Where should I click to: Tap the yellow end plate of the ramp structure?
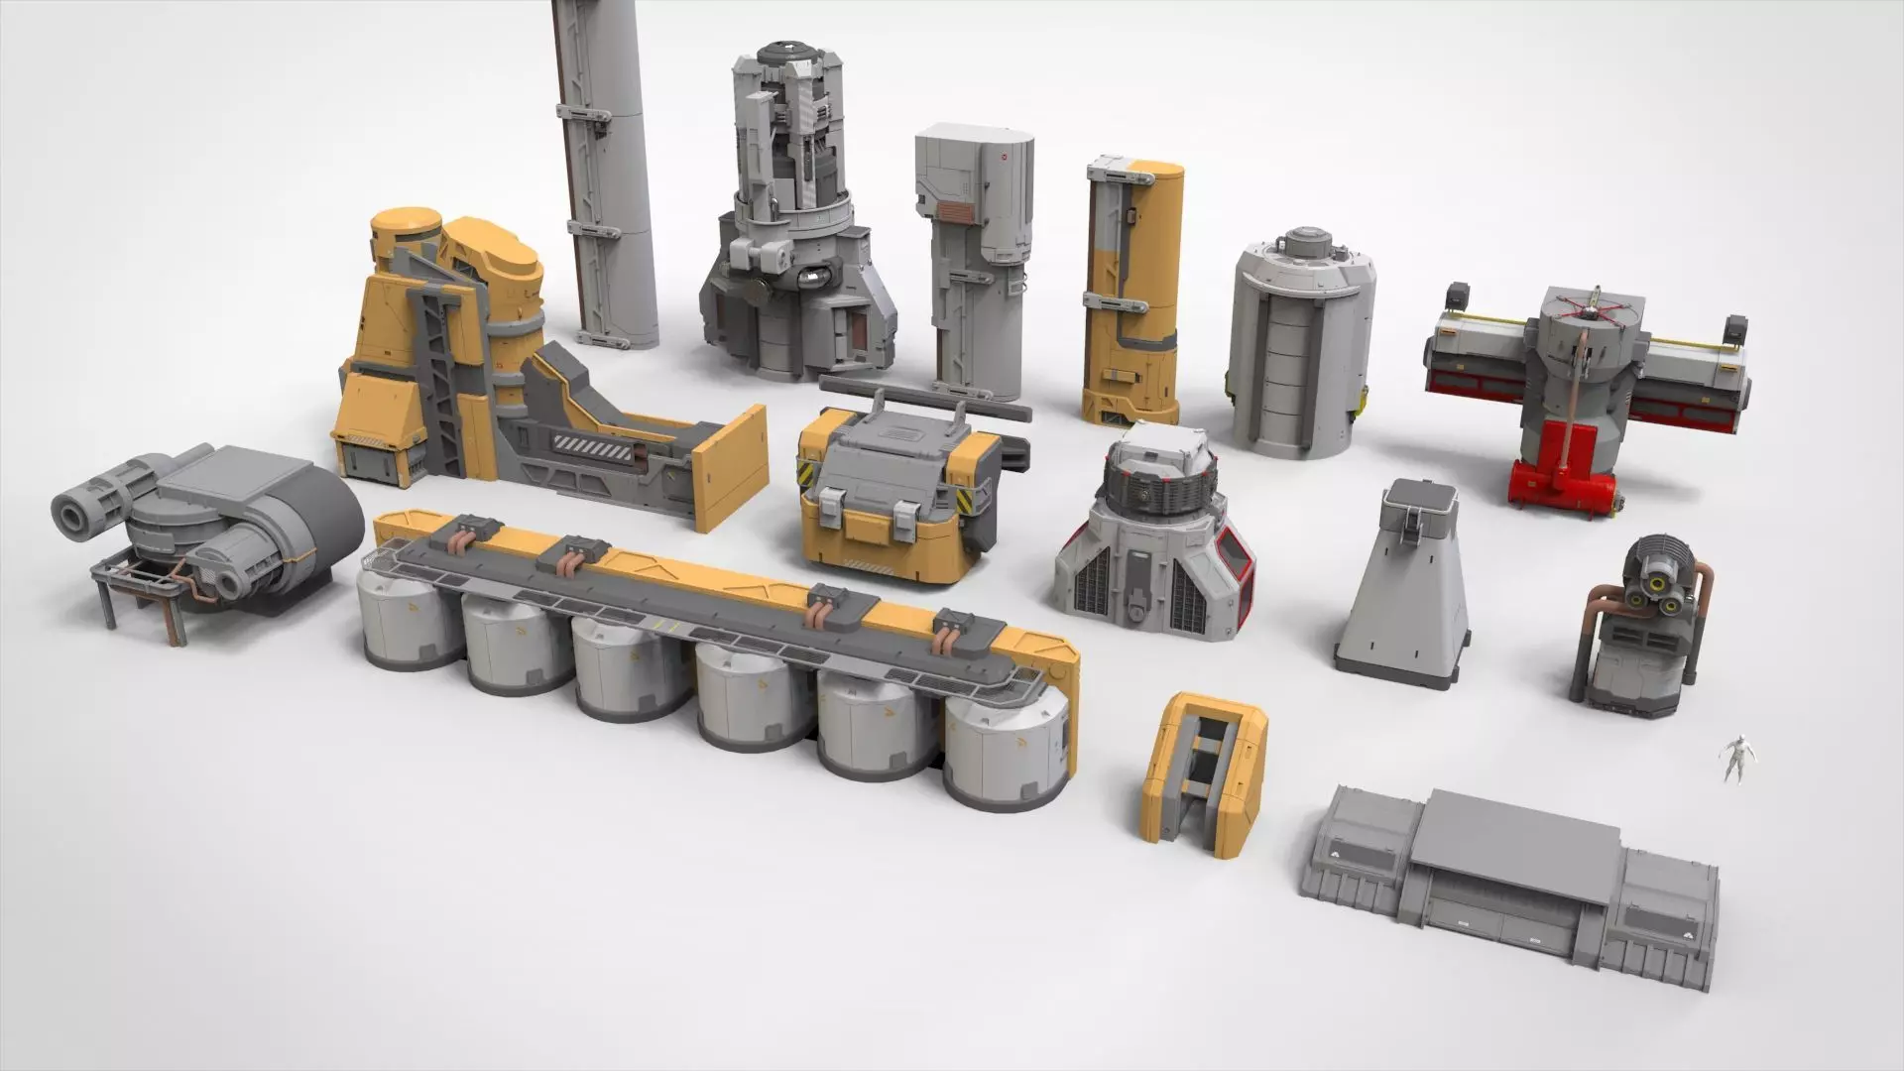[x=731, y=469]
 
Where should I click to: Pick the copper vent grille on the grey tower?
[x=956, y=211]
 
